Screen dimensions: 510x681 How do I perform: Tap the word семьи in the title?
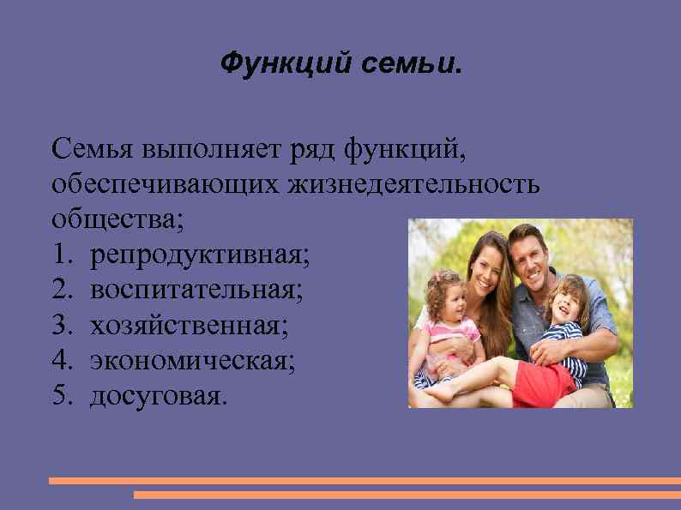(x=396, y=63)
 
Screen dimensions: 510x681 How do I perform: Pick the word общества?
(x=117, y=218)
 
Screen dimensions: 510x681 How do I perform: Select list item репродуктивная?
(x=202, y=254)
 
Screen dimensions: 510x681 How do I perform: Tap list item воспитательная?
(x=196, y=290)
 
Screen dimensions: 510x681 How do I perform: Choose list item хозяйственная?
(x=190, y=326)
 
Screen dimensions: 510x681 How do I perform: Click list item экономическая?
(x=193, y=361)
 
